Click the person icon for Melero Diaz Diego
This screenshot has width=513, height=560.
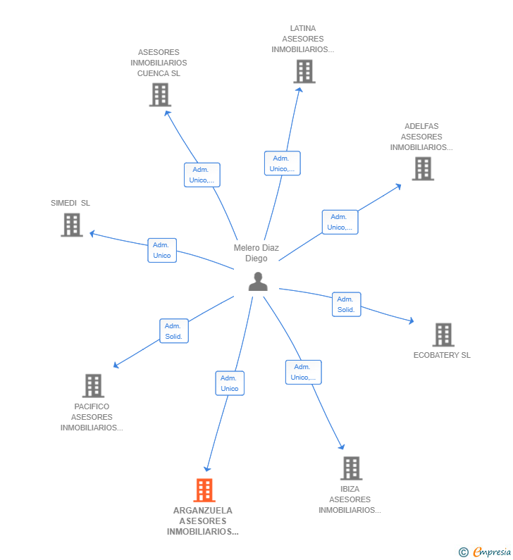pyautogui.click(x=258, y=282)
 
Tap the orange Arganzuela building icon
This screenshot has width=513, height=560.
pyautogui.click(x=204, y=490)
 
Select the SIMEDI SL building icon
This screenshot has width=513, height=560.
pyautogui.click(x=72, y=225)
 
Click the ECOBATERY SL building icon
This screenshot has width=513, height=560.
pyautogui.click(x=443, y=335)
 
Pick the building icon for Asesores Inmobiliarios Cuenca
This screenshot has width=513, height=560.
pyautogui.click(x=160, y=95)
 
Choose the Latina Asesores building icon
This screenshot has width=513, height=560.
pyautogui.click(x=304, y=72)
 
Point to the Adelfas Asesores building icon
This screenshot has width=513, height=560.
pyautogui.click(x=423, y=169)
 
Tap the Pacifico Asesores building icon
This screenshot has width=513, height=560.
pyautogui.click(x=93, y=386)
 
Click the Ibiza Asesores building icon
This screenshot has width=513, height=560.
pyautogui.click(x=351, y=468)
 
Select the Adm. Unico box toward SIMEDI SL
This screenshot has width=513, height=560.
pyautogui.click(x=162, y=250)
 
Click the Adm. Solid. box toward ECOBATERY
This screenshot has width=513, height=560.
pyautogui.click(x=346, y=304)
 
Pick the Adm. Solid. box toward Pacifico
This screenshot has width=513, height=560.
pyautogui.click(x=173, y=331)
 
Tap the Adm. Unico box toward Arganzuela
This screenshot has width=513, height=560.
pyautogui.click(x=230, y=383)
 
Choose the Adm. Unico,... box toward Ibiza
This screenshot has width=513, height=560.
pyautogui.click(x=303, y=372)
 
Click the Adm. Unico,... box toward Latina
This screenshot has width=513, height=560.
pyautogui.click(x=282, y=163)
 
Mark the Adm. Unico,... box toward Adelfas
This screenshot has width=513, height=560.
pyautogui.click(x=340, y=222)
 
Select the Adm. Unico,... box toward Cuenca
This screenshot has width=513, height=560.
pyautogui.click(x=202, y=175)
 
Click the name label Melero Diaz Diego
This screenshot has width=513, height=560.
pyautogui.click(x=256, y=253)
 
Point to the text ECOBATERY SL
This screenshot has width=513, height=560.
pyautogui.click(x=442, y=355)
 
